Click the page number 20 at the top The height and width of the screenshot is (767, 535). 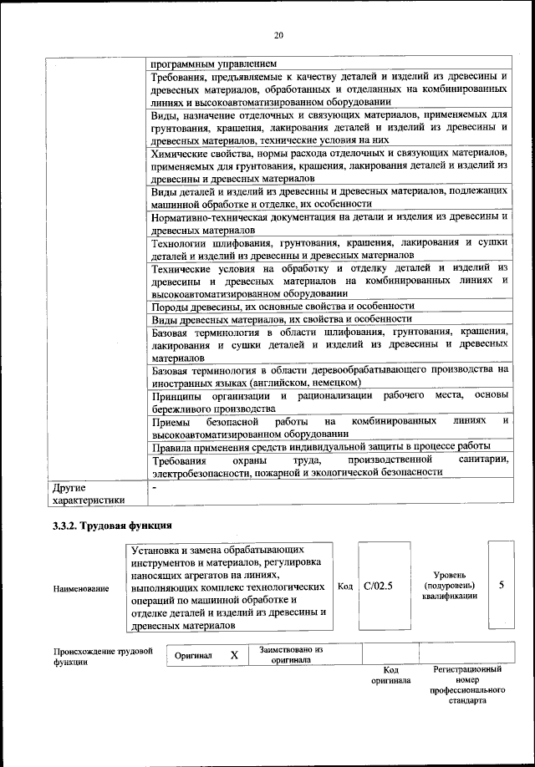click(278, 34)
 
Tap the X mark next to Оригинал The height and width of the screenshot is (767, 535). click(235, 656)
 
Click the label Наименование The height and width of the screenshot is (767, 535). click(81, 589)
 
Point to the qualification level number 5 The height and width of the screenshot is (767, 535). click(501, 585)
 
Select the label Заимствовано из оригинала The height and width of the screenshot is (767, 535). click(291, 654)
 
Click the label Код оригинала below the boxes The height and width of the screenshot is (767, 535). click(390, 675)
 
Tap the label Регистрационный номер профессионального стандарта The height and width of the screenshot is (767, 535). click(467, 685)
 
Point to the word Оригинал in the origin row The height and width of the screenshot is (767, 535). click(194, 656)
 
